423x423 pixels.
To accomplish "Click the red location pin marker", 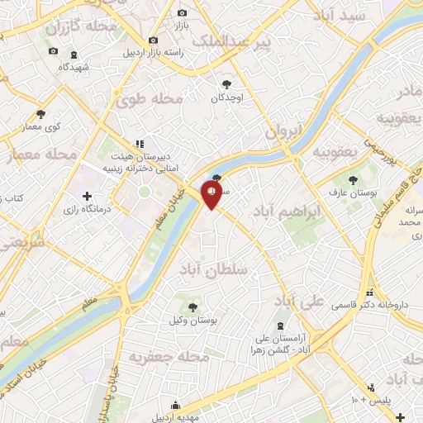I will click(213, 195).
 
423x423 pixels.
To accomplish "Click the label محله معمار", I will click(41, 154).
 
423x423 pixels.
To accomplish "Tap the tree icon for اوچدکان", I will click(227, 83).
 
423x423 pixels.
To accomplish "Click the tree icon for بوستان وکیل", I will click(192, 307).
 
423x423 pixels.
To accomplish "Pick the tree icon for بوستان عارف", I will click(354, 178).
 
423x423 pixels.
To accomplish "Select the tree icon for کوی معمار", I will click(41, 114).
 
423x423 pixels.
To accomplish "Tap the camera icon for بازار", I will click(183, 14).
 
